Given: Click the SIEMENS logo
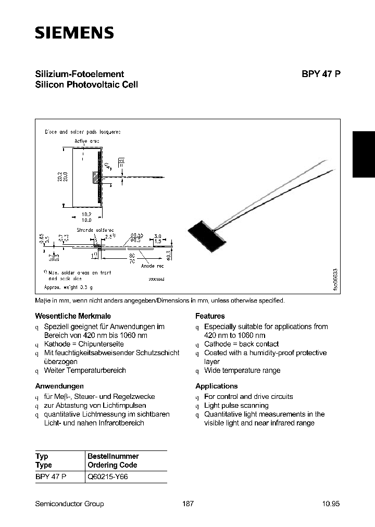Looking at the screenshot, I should (x=74, y=33).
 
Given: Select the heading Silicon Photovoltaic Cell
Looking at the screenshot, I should (x=86, y=85).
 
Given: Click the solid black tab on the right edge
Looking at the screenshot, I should (x=364, y=155).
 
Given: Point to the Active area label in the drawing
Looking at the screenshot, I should (x=86, y=141).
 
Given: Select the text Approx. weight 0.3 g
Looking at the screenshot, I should (x=69, y=287).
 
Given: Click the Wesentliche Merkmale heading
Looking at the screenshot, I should (x=73, y=316).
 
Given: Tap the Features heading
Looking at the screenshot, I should (x=210, y=316).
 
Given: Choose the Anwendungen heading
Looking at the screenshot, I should (x=59, y=386).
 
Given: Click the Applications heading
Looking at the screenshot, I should (x=216, y=386).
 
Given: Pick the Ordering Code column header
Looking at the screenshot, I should (x=113, y=465).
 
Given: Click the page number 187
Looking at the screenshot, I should (x=188, y=504).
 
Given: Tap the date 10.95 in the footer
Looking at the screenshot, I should (x=331, y=504).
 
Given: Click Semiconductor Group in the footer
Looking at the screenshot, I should (x=69, y=504).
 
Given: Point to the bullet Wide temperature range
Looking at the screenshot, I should (x=242, y=371).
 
